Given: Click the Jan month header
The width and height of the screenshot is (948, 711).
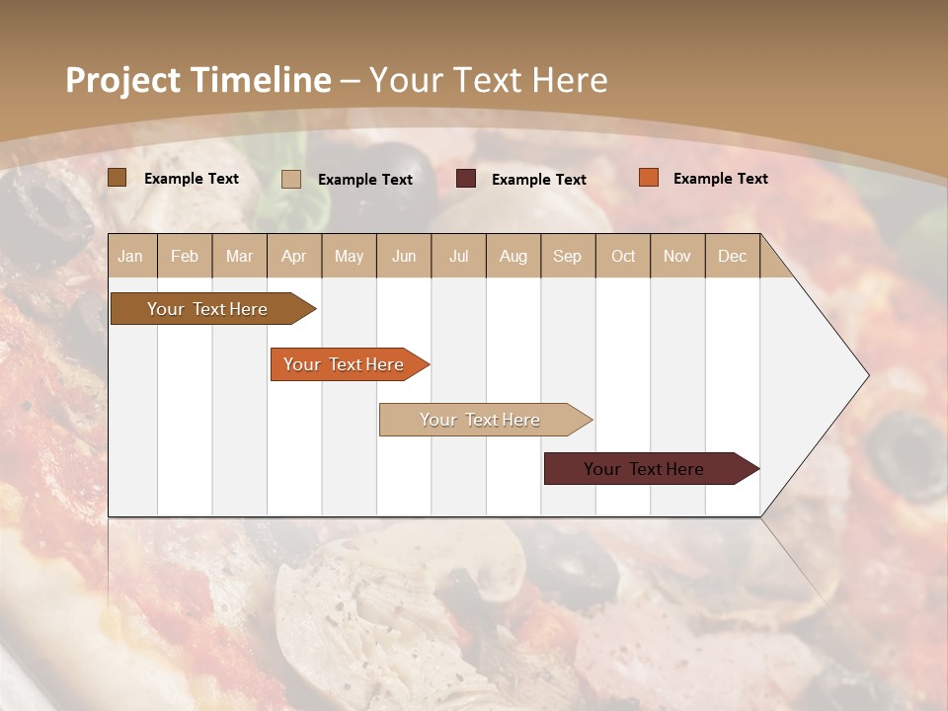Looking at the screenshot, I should tap(130, 256).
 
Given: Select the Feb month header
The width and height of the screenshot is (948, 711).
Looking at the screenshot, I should tap(185, 256).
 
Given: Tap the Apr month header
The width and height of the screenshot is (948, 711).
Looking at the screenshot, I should tap(293, 256).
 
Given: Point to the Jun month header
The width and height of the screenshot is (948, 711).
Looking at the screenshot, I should tap(404, 256).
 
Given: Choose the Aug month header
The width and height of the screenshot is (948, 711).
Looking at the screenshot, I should tap(513, 256).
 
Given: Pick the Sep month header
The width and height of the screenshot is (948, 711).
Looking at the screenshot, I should tap(567, 256).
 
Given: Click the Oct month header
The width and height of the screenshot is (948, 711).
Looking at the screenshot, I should tap(623, 256).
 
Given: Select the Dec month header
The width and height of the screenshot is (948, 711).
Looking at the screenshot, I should tap(732, 256).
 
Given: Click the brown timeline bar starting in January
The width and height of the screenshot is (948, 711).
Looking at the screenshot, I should tap(207, 309).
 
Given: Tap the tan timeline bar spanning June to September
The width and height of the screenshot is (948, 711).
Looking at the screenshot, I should tap(480, 420).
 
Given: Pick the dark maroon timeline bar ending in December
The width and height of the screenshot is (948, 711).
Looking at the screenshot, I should tap(644, 469).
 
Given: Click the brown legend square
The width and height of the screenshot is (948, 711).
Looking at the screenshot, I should tap(118, 178).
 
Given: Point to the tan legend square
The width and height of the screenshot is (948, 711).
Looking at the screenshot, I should tap(291, 179).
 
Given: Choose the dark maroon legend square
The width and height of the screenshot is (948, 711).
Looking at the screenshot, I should tap(466, 179).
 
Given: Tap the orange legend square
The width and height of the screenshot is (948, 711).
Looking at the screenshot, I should tap(649, 178).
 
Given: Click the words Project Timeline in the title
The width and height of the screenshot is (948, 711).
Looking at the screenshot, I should tap(197, 80).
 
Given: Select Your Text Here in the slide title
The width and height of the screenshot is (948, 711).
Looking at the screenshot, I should tap(488, 80).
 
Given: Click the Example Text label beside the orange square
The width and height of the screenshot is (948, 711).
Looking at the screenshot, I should tap(720, 179).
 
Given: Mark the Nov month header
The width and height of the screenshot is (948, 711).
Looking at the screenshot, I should tap(677, 256).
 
